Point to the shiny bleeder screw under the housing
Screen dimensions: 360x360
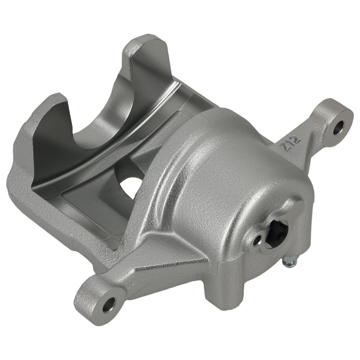tap(290, 261)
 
